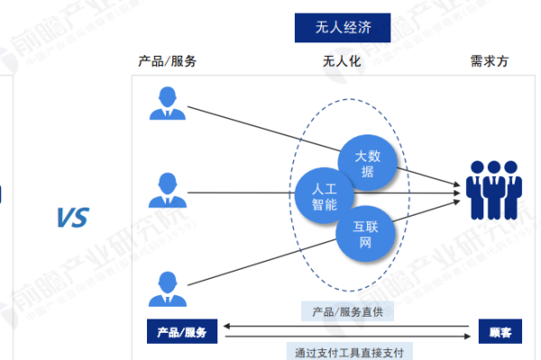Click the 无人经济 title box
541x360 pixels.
pyautogui.click(x=344, y=27)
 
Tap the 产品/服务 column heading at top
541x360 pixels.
pyautogui.click(x=167, y=61)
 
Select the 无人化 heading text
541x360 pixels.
pyautogui.click(x=343, y=61)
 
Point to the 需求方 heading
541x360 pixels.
pyautogui.click(x=489, y=61)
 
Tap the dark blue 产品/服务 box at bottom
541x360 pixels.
pyautogui.click(x=183, y=332)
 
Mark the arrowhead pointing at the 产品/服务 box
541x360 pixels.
pyautogui.click(x=225, y=326)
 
